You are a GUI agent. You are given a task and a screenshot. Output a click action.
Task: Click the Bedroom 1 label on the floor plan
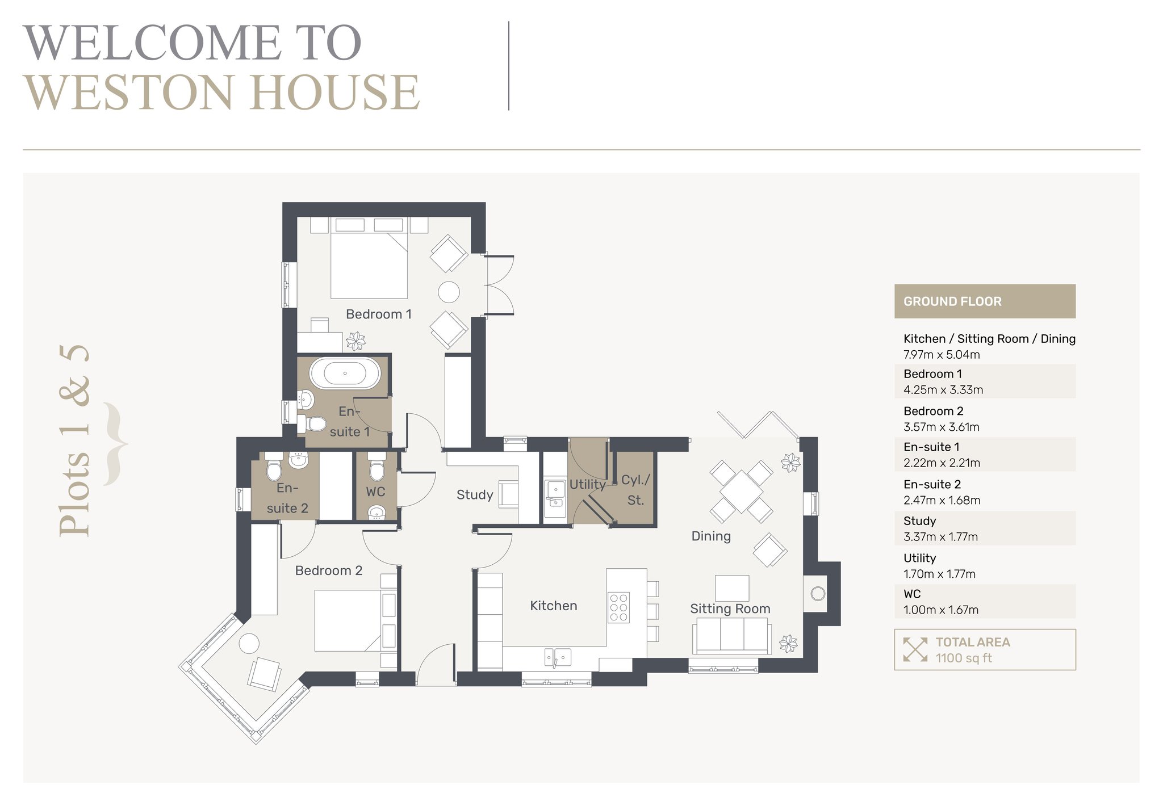coord(379,314)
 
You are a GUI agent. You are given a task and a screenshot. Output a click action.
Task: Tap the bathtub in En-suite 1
coord(345,373)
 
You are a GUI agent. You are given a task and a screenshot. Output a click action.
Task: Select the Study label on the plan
coord(475,495)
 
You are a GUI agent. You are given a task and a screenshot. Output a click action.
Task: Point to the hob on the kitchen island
coord(618,607)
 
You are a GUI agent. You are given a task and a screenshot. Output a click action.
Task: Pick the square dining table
coord(741,491)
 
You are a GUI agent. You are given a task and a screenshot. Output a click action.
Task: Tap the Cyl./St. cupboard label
coord(635,490)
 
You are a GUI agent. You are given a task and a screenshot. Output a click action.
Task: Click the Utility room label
coord(588,484)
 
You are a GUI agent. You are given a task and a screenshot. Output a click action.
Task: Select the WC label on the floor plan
coord(375,492)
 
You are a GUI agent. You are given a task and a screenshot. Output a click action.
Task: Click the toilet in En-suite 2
coord(274,467)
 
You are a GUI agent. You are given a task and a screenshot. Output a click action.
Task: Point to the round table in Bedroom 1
coord(449,292)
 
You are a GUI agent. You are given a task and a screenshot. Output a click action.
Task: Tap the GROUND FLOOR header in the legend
coord(952,301)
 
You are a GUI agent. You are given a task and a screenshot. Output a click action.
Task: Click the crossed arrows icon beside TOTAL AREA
coord(915,649)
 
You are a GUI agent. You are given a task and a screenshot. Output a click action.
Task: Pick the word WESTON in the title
coord(128,93)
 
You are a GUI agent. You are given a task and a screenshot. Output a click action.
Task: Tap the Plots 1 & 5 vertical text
coord(74,440)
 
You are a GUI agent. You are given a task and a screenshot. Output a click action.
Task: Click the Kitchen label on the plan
coord(554,606)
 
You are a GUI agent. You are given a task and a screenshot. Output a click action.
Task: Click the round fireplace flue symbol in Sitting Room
coord(818,594)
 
